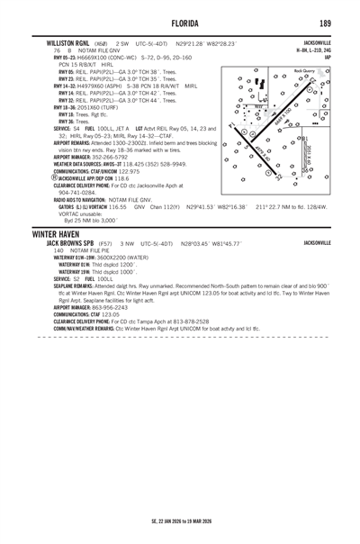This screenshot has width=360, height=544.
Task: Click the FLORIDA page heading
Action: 180,23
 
